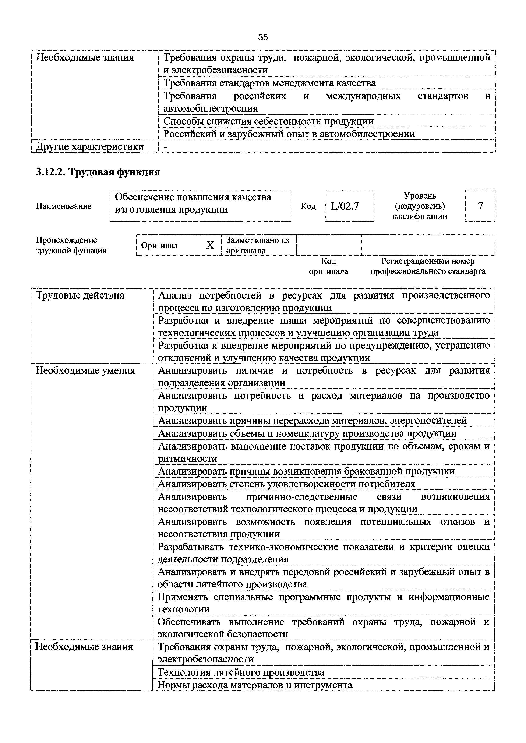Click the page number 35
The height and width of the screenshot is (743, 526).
pos(263,37)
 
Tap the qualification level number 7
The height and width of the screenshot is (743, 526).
pos(480,206)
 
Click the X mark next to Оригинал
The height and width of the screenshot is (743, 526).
pos(210,245)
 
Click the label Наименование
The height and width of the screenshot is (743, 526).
pos(64,206)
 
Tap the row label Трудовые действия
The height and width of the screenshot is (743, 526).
pos(80,296)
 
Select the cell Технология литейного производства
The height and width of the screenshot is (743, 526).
pos(241,672)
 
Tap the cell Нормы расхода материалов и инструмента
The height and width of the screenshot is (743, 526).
pos(255,685)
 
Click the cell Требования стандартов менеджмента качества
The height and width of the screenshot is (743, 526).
pos(269,83)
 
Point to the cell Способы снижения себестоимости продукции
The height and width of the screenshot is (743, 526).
pos(268,121)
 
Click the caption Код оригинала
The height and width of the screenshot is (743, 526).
pos(328,266)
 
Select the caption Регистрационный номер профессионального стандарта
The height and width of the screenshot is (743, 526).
pos(428,266)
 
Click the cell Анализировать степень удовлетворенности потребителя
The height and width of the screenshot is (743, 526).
pos(286,484)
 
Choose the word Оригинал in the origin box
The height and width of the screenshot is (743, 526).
pos(160,246)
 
